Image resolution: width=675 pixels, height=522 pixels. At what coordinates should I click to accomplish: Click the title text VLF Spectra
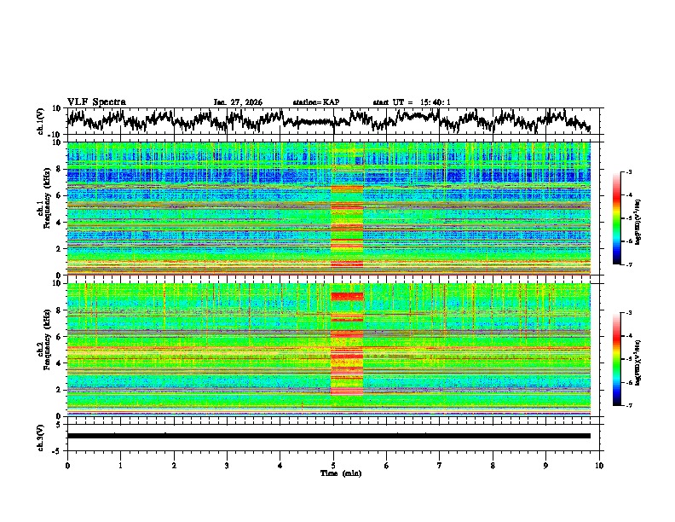pos(96,102)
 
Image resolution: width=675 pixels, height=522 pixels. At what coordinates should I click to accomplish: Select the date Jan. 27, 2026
pos(238,102)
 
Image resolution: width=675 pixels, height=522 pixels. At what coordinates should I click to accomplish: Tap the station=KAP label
pos(316,102)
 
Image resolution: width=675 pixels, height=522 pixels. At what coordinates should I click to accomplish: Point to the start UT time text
pos(412,102)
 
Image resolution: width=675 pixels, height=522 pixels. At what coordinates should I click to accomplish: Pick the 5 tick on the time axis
pos(333,465)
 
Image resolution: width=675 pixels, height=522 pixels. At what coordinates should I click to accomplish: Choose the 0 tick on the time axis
pos(67,465)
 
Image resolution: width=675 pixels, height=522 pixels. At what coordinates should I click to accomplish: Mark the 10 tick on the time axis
pos(599,465)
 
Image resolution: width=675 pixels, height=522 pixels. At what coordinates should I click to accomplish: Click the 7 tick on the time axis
pos(440,465)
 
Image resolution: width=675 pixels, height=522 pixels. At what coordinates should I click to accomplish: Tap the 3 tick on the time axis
pos(227,465)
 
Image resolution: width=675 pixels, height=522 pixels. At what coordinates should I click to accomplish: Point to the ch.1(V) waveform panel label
pos(41,121)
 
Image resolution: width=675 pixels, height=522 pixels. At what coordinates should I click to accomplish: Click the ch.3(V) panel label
pos(41,436)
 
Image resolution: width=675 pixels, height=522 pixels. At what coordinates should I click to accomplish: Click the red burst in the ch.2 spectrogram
pos(347,296)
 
